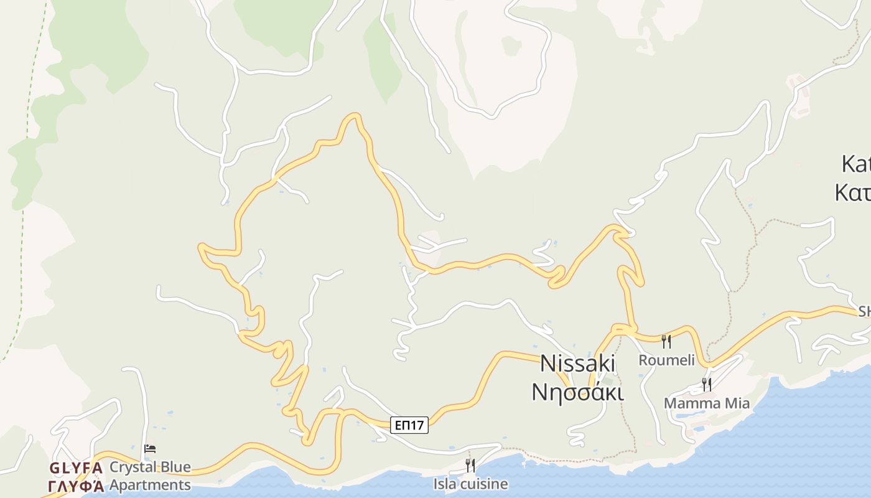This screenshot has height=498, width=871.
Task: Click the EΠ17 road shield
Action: tap(410, 425)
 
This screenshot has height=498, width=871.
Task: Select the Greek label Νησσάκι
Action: tap(577, 392)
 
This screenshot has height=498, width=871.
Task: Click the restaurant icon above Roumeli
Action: tap(666, 341)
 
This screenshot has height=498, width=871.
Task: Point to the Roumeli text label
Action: tap(666, 360)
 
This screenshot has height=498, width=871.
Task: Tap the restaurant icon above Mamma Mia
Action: tap(706, 385)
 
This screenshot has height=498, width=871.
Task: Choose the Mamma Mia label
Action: tap(706, 403)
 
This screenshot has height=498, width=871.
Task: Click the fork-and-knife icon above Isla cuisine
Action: tap(470, 465)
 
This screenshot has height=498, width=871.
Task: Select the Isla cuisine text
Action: tap(470, 484)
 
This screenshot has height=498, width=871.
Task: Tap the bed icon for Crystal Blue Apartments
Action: tap(150, 448)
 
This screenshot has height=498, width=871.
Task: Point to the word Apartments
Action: tap(150, 484)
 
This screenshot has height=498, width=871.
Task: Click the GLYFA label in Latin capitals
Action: tap(75, 467)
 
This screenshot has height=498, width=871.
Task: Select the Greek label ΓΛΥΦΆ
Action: tap(75, 486)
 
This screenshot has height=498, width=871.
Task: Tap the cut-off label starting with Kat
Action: tap(855, 164)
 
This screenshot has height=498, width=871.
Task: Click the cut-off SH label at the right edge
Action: tap(864, 311)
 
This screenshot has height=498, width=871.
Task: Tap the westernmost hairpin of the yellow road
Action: tap(201, 248)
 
